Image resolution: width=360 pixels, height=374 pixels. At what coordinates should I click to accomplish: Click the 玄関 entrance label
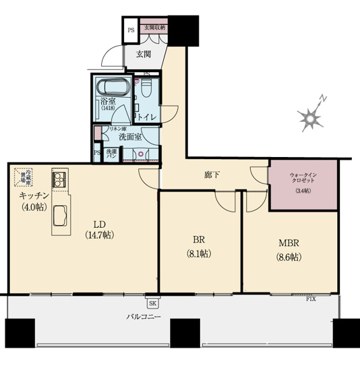pyautogui.click(x=142, y=54)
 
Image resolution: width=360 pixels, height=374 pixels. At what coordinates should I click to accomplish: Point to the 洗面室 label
pyautogui.click(x=129, y=136)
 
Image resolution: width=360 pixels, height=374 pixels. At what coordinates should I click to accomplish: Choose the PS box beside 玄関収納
pyautogui.click(x=130, y=30)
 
